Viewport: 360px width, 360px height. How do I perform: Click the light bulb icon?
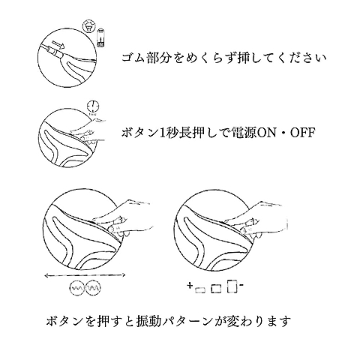[88, 25]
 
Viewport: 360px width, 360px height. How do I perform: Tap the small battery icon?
[100, 37]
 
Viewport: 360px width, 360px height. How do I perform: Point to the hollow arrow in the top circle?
[58, 46]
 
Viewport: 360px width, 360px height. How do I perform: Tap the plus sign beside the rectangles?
[190, 285]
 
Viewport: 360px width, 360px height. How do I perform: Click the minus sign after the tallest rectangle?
[241, 285]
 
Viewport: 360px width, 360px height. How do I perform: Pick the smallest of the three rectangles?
[200, 290]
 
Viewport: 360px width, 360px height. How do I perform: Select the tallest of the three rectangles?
[232, 286]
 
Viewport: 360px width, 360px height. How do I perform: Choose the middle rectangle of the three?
[216, 288]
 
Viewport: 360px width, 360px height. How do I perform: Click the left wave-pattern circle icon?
[76, 289]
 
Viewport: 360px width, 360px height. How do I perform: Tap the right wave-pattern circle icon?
[93, 289]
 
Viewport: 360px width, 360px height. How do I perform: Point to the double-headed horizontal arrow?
[85, 275]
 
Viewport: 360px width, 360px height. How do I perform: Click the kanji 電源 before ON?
[244, 133]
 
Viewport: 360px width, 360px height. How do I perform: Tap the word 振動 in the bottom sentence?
[148, 320]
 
